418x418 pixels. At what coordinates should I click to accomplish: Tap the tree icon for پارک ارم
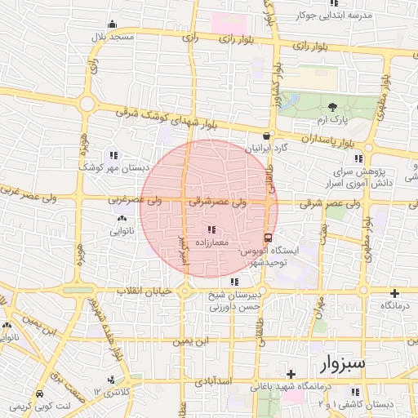coord(332,107)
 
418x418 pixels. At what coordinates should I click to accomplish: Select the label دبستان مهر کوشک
coord(112,167)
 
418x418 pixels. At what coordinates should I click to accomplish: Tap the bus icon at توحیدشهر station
coord(269,238)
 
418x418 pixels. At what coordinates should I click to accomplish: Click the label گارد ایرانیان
coord(269,149)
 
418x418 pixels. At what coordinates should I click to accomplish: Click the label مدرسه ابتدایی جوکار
coord(349,16)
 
